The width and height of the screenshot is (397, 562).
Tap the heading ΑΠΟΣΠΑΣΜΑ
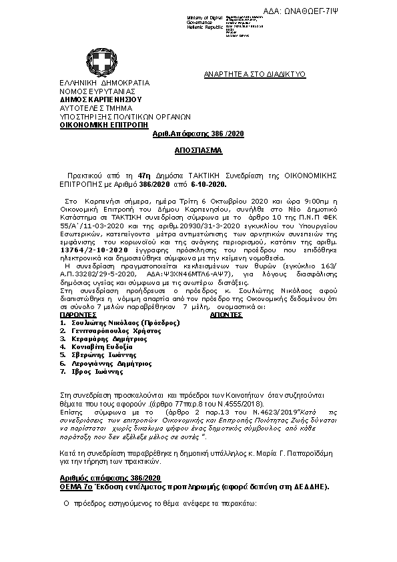[x=198, y=151]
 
